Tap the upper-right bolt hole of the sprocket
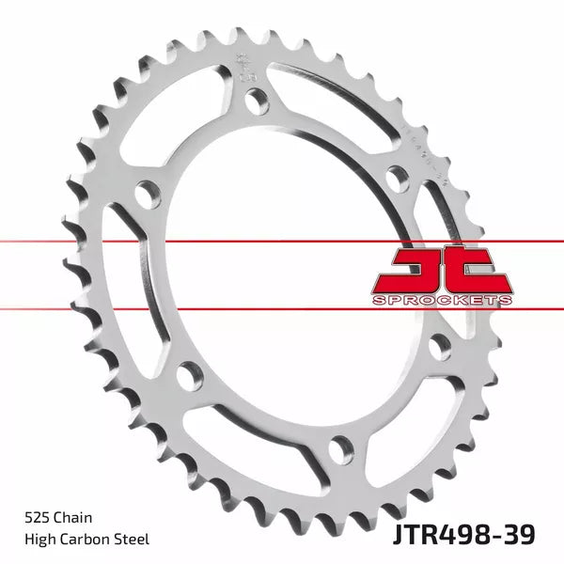click(398, 175)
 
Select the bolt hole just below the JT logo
click(438, 346)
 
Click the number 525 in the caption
click(37, 516)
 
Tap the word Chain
click(72, 516)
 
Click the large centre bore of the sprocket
click(291, 273)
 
